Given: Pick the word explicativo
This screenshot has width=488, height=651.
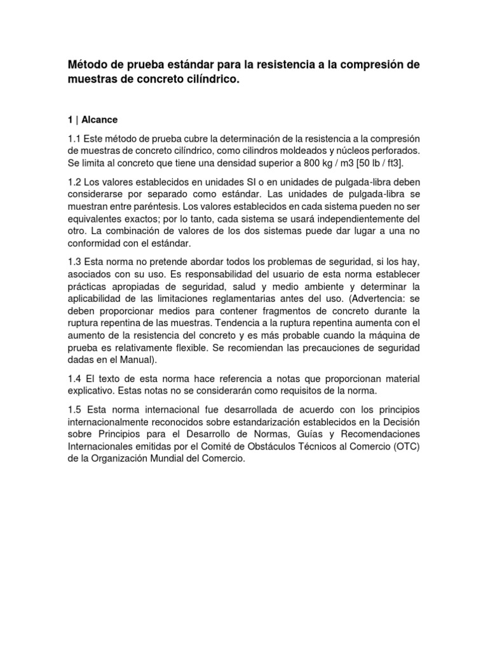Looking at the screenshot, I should click(x=91, y=390).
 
